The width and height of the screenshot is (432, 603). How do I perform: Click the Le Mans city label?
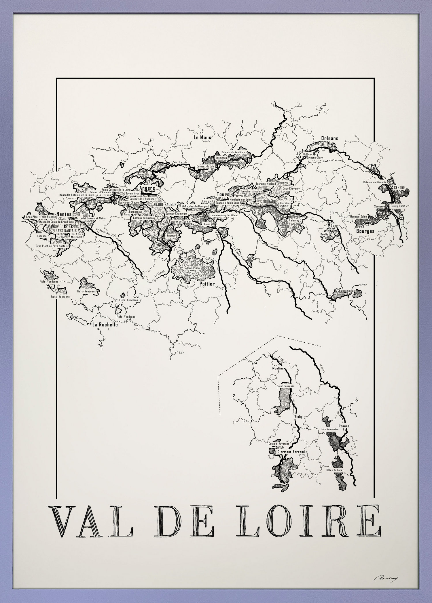(202, 138)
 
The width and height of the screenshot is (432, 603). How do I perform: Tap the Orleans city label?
(330, 138)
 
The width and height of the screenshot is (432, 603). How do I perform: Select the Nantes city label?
(64, 214)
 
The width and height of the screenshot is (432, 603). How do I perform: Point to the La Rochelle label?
(105, 325)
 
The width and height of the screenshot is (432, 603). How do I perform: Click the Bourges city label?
(365, 231)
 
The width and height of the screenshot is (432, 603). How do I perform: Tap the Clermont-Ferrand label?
(291, 452)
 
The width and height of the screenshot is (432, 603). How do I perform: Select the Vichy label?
(298, 417)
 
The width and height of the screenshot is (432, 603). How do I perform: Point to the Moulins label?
(278, 368)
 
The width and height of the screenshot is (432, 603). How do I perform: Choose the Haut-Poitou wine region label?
(194, 268)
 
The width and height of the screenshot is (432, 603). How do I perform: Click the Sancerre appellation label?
(380, 207)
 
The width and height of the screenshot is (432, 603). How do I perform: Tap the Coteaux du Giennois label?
(374, 182)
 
